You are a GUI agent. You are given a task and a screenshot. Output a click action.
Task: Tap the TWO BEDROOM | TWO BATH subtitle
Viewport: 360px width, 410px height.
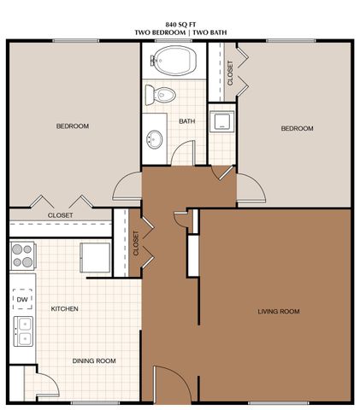pos(180,32)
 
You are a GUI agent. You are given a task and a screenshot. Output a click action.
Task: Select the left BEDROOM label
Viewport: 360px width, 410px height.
pos(73,126)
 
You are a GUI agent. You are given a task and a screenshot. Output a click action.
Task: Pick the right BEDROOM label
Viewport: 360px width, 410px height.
pos(298,128)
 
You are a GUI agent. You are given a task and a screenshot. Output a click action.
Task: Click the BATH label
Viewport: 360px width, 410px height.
pos(186,121)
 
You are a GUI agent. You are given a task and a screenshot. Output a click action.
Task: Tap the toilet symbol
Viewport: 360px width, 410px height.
pos(163,94)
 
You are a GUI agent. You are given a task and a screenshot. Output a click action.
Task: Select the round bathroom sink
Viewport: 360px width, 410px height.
pos(156,138)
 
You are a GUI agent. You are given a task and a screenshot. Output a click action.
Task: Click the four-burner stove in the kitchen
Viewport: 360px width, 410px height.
pos(22,256)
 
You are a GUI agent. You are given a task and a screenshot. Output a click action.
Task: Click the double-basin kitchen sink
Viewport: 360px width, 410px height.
pos(22,331)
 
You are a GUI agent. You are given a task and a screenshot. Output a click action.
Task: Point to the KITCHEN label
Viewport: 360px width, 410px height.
pos(65,308)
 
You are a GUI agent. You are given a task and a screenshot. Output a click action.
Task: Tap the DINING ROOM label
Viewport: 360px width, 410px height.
pos(94,360)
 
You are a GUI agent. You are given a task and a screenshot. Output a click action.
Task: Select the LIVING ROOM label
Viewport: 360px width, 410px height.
pos(279,312)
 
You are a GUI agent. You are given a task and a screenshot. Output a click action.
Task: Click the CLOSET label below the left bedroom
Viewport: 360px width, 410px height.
pos(60,215)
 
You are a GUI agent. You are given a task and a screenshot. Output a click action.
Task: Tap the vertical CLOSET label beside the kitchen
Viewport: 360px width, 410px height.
pos(136,243)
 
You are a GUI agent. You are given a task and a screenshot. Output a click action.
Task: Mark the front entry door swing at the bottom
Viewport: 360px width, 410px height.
pos(164,381)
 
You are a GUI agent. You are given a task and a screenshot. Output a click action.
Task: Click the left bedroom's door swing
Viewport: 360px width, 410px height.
pos(126,184)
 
